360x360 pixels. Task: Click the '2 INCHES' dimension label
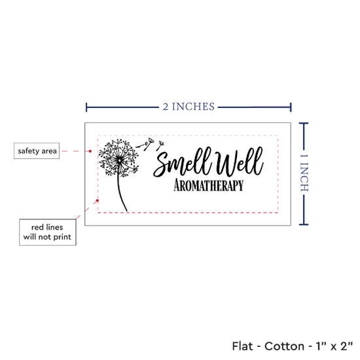click(x=189, y=107)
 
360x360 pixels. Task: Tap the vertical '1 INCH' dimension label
click(x=304, y=173)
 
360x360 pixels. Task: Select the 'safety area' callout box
click(x=37, y=151)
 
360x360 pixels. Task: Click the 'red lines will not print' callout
click(x=48, y=232)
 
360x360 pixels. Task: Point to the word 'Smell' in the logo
click(x=183, y=162)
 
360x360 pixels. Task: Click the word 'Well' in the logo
click(x=239, y=162)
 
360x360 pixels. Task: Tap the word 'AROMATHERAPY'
click(x=208, y=185)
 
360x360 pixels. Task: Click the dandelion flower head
click(x=119, y=158)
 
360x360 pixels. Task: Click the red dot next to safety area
click(x=90, y=151)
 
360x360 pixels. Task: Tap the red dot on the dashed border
click(x=98, y=200)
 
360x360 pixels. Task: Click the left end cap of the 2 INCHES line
click(x=86, y=107)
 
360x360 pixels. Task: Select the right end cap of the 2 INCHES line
click(x=291, y=107)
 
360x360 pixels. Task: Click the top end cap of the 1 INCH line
click(x=304, y=124)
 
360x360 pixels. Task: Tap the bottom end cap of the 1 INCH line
click(x=304, y=225)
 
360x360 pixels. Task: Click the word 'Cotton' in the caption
click(x=284, y=346)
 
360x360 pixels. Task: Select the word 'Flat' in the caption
click(x=242, y=346)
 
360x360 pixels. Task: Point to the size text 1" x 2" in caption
click(x=334, y=346)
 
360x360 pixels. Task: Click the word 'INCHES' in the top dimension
click(x=193, y=107)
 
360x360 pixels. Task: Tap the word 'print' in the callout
click(x=62, y=237)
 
